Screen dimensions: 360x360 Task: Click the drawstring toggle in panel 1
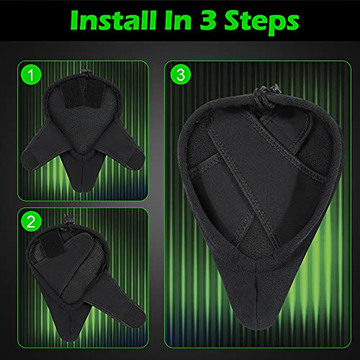point(84,69)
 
